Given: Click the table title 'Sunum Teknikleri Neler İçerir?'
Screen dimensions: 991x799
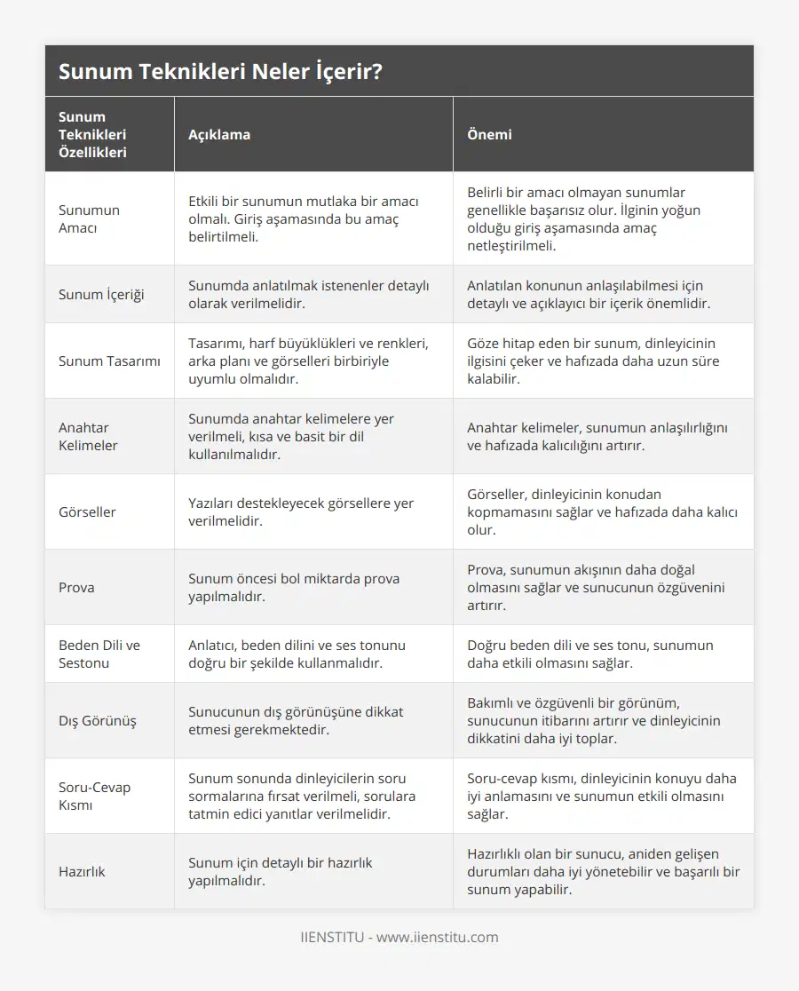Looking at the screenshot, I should (220, 71).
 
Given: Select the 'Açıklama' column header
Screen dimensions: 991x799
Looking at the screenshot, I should (219, 134).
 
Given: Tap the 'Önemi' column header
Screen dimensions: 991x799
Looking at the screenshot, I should (489, 134).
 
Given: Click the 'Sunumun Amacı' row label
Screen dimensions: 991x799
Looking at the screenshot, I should (89, 218).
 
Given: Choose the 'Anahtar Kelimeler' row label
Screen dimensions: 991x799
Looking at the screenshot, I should (88, 436).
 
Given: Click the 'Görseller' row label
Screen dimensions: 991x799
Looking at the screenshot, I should (87, 511).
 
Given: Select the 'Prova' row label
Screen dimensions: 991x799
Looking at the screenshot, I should (76, 587).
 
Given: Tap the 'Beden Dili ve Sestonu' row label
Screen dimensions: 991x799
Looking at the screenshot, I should (99, 654).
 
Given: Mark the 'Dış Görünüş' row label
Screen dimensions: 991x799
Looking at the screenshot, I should (98, 720).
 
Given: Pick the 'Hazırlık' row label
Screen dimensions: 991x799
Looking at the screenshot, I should (82, 871).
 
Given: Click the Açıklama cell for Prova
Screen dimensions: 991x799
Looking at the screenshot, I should (294, 587).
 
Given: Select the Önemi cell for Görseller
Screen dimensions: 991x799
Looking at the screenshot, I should (602, 511).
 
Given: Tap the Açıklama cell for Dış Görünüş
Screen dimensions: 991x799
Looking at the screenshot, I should (296, 720).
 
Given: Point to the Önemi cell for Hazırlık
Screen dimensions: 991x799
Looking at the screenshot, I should (603, 871).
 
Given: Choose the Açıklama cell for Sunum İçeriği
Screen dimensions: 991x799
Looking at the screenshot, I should (308, 294).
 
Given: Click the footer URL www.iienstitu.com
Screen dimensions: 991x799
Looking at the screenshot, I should (438, 937).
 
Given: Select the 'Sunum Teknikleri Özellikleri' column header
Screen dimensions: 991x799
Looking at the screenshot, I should (92, 134).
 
